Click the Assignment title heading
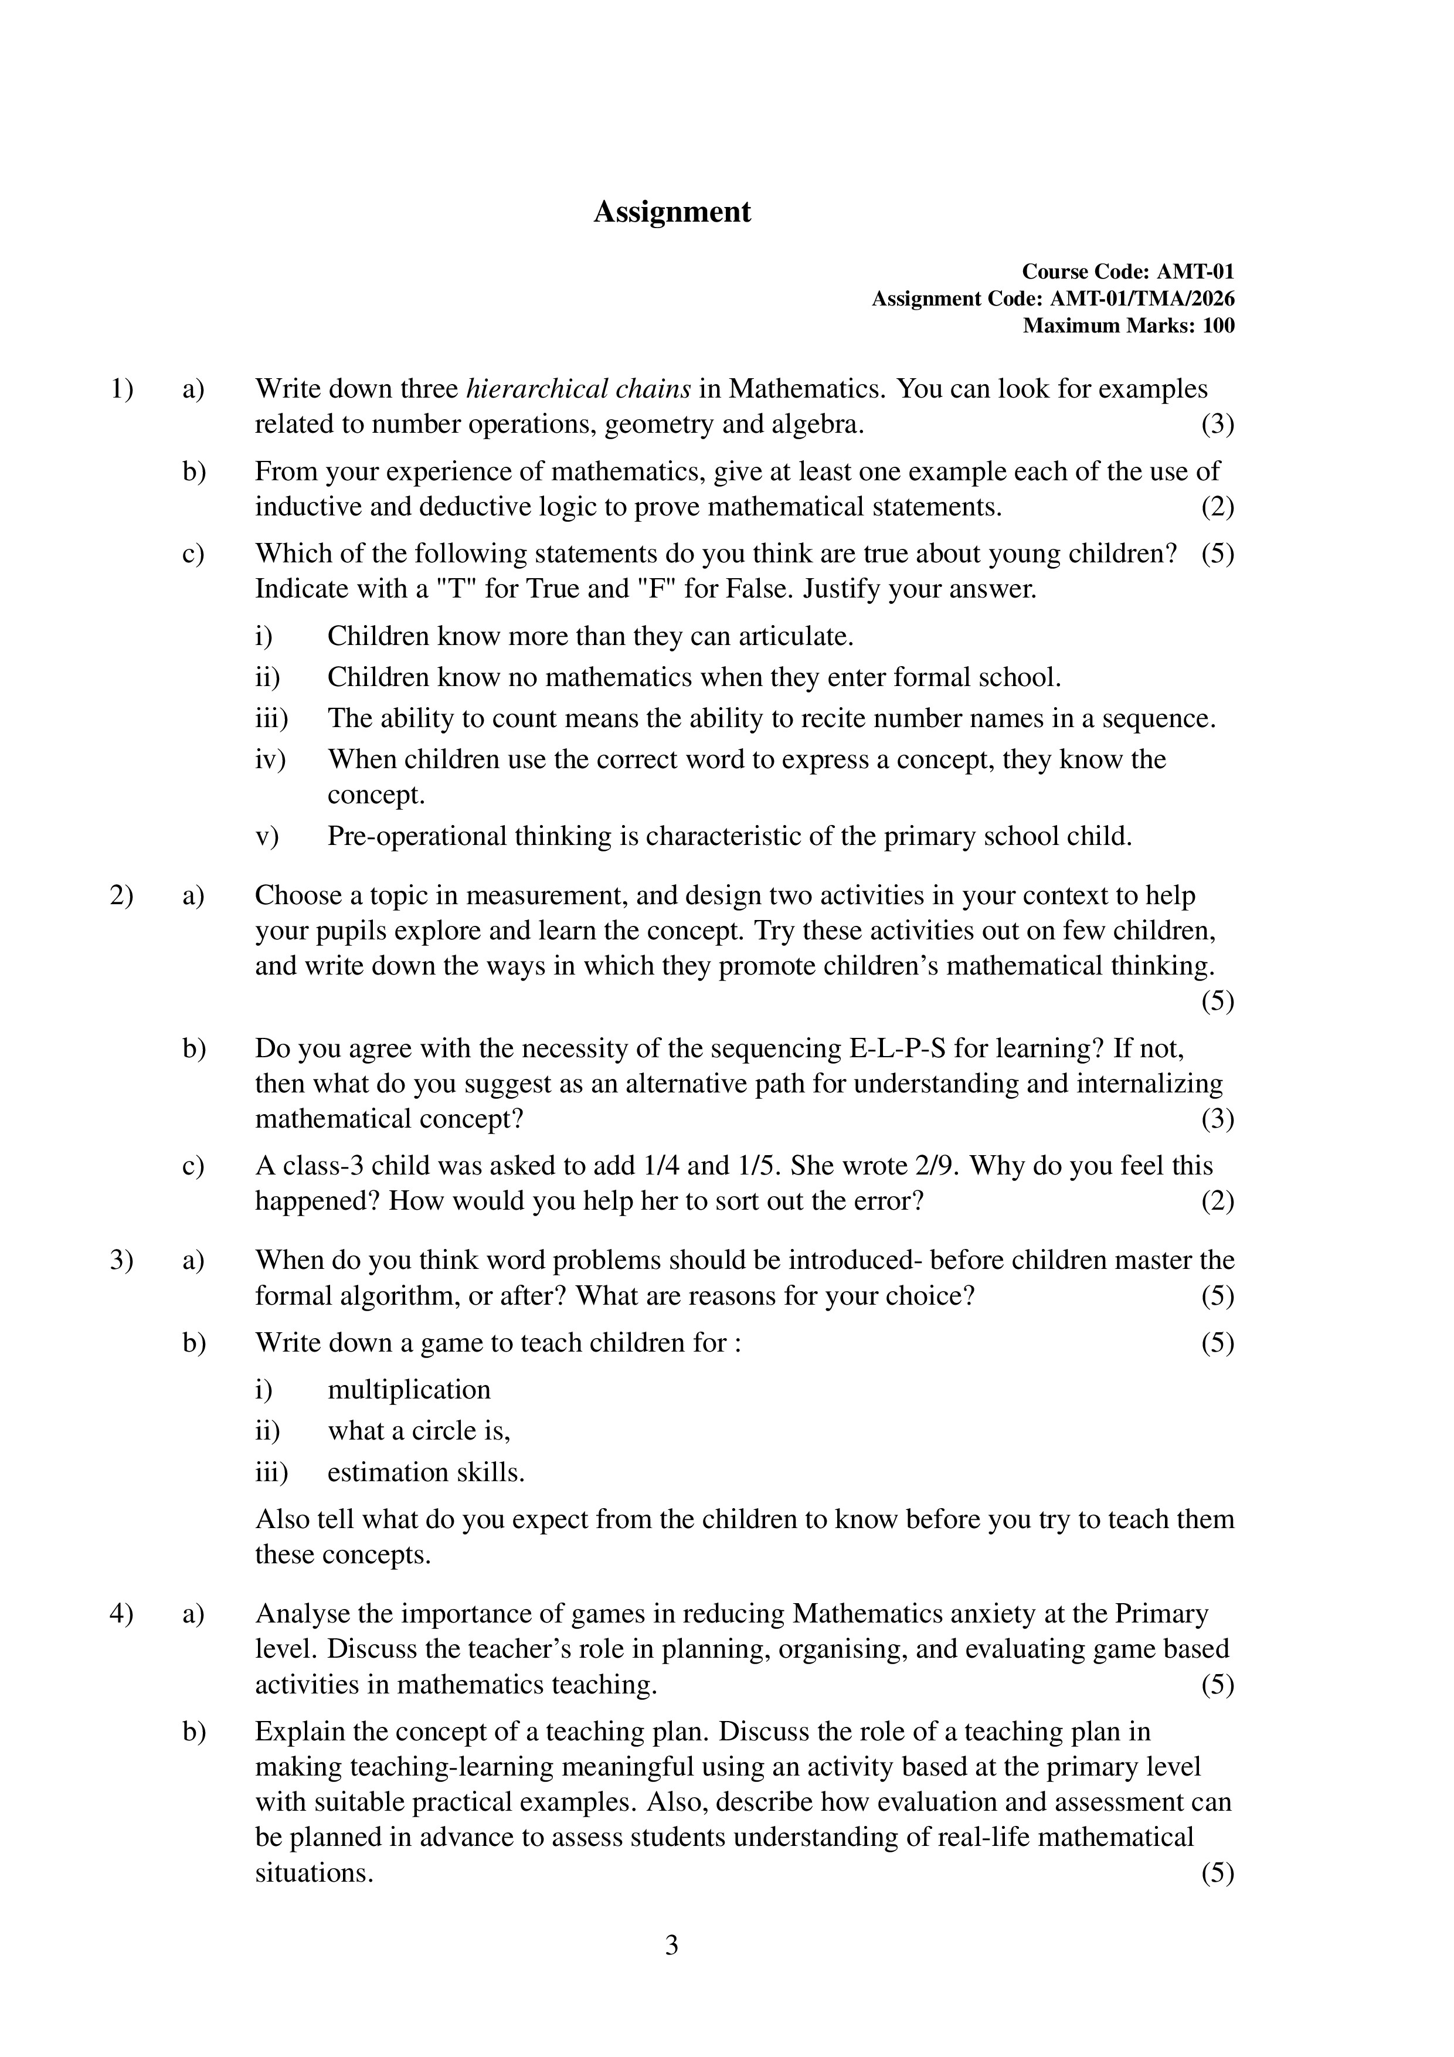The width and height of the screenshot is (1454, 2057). pos(672,212)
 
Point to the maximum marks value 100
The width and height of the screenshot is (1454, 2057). pos(1218,325)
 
